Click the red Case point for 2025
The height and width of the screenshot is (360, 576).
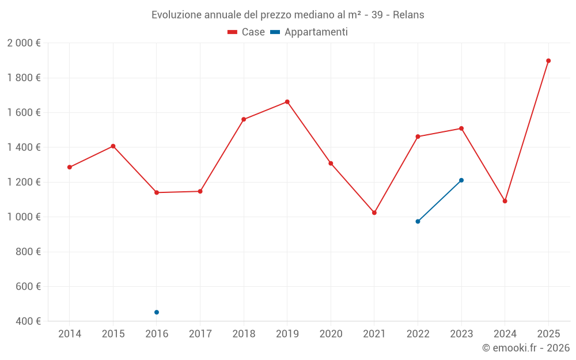(548, 60)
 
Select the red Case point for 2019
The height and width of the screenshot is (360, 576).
(287, 102)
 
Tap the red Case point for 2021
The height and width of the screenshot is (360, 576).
(374, 213)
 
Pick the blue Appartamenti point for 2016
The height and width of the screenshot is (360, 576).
(157, 312)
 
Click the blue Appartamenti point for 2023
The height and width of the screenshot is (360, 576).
(461, 180)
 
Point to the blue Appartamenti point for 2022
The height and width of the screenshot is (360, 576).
(418, 221)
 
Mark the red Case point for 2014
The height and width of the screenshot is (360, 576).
(70, 167)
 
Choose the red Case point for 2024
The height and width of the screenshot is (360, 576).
(505, 201)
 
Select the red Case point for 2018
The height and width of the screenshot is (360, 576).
(244, 119)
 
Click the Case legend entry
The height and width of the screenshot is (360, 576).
(247, 32)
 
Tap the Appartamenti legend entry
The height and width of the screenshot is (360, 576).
(309, 32)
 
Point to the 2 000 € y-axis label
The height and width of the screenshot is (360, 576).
(24, 43)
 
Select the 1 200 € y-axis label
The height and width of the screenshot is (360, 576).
(24, 182)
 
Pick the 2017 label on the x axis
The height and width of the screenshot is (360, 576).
(200, 334)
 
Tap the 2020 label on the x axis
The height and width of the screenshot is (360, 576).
(331, 334)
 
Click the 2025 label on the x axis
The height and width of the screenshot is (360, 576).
(548, 334)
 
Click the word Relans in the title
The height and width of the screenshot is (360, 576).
(408, 15)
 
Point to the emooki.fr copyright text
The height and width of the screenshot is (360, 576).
(526, 348)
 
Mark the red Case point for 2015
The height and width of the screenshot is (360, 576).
(113, 146)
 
